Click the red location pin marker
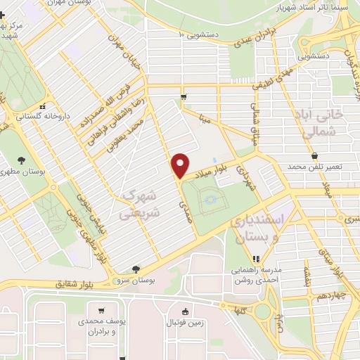coord(181,166)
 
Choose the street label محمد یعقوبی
coord(130,133)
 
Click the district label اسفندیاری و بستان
coord(259,230)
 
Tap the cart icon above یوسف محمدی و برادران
coord(102,311)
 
